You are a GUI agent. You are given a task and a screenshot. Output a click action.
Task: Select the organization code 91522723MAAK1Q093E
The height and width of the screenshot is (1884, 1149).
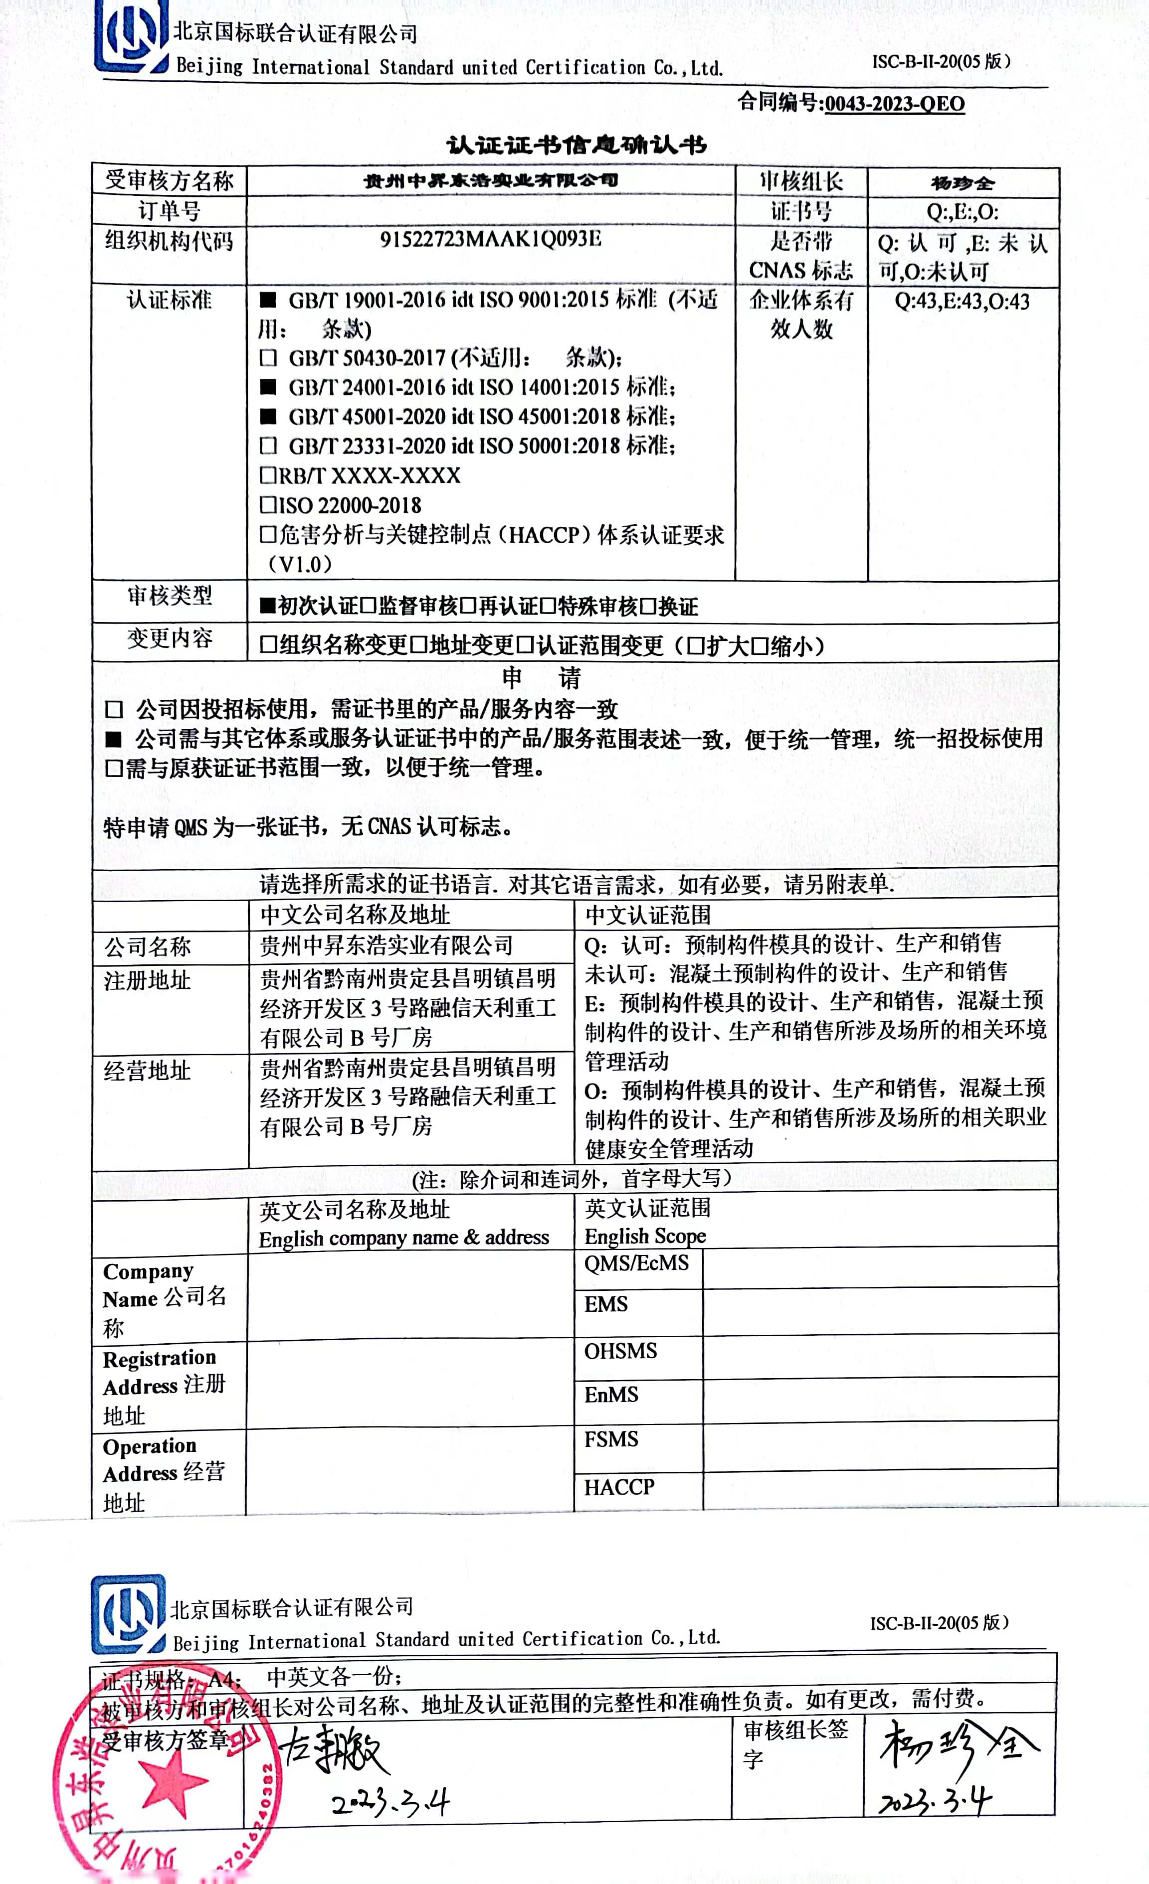[490, 239]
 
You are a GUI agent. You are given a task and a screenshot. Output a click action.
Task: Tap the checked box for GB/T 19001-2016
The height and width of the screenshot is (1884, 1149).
[268, 300]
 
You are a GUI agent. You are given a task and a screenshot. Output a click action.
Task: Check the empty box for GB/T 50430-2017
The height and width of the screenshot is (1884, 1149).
[268, 358]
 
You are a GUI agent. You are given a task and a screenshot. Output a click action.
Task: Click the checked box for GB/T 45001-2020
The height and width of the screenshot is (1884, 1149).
[268, 417]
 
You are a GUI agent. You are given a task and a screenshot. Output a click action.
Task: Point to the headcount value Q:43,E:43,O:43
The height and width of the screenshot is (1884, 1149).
[961, 301]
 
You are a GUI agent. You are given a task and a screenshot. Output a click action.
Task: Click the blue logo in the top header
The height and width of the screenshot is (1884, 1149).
[131, 38]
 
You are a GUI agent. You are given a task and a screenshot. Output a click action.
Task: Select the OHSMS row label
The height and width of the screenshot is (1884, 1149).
[620, 1351]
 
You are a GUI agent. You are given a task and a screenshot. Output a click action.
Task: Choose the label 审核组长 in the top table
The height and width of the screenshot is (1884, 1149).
[800, 181]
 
